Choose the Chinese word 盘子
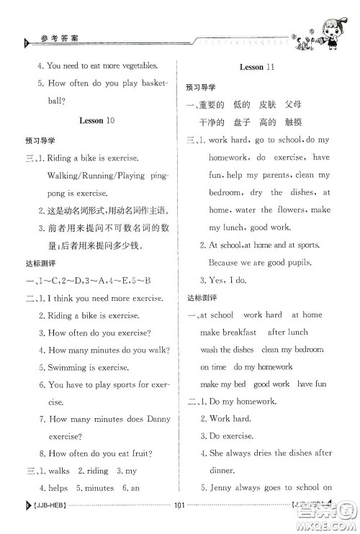pyautogui.click(x=250, y=122)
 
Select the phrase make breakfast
pyautogui.click(x=228, y=332)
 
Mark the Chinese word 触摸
pyautogui.click(x=310, y=122)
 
